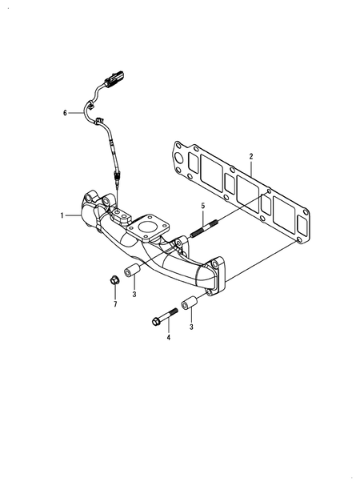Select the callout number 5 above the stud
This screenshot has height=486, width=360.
pyautogui.click(x=203, y=206)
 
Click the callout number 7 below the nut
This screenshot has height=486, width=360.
pyautogui.click(x=115, y=305)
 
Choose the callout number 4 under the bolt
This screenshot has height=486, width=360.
pyautogui.click(x=168, y=338)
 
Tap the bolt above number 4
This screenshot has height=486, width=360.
pyautogui.click(x=163, y=316)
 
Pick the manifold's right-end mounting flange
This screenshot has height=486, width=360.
pyautogui.click(x=217, y=277)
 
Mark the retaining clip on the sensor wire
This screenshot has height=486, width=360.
pyautogui.click(x=99, y=122)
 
